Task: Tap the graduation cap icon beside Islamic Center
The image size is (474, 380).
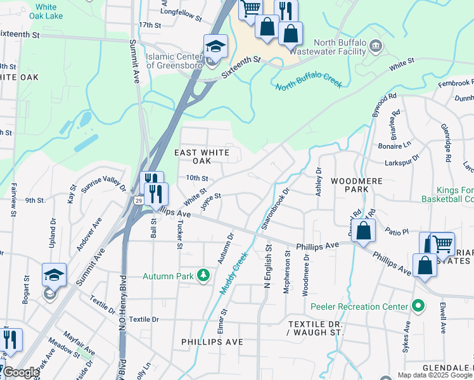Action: click(x=215, y=47)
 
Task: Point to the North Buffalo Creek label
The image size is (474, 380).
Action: click(x=309, y=83)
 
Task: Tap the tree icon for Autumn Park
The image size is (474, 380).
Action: click(x=203, y=275)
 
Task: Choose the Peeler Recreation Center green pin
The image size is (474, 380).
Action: click(x=417, y=307)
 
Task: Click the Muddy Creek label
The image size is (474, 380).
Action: click(x=233, y=273)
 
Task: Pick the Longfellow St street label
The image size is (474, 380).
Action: click(x=180, y=11)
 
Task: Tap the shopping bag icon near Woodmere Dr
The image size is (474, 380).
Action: click(x=364, y=231)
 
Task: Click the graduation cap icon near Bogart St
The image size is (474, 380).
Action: click(x=54, y=275)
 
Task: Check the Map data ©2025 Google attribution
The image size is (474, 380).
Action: click(x=435, y=375)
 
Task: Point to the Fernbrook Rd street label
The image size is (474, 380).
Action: click(x=456, y=83)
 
